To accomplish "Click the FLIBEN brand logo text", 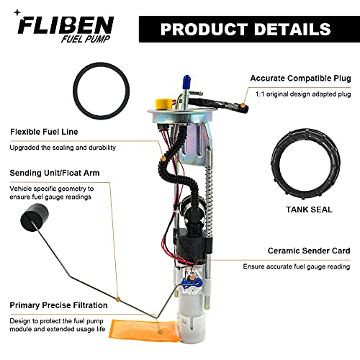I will [x=66, y=27].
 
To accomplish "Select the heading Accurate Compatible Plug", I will [x=300, y=78].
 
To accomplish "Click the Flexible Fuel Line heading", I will [x=44, y=132].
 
